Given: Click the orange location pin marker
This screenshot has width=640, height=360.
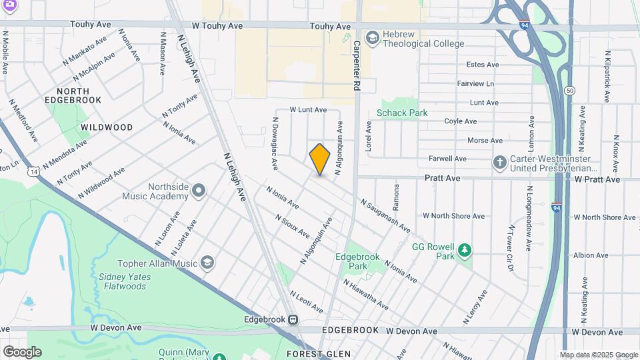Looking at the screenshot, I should (320, 159).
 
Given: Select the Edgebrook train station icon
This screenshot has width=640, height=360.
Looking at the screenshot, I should (293, 319).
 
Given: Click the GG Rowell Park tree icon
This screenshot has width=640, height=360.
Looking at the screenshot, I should (465, 251).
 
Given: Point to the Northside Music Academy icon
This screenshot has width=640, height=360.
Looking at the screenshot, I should (199, 192).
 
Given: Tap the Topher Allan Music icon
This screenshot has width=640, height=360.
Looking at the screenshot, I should (208, 263).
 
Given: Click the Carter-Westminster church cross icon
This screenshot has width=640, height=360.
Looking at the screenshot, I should (499, 163).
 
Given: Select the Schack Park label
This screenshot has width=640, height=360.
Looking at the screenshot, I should (402, 113).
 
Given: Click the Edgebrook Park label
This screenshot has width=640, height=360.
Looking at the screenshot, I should (351, 261).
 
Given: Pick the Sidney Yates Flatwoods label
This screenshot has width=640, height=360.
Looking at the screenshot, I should (122, 282).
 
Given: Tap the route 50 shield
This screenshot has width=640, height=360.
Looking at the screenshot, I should (569, 90).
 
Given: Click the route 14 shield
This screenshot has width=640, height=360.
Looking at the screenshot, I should (33, 171).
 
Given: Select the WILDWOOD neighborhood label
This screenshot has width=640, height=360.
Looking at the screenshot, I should (107, 127).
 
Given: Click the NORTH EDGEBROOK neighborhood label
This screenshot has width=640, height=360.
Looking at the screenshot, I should (79, 95).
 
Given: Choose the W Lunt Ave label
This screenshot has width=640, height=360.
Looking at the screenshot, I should (307, 109).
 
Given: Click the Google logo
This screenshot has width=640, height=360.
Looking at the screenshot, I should (21, 351).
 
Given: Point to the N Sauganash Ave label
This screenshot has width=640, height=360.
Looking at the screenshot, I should (385, 215).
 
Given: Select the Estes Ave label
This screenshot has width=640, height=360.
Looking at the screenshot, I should (483, 65).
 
